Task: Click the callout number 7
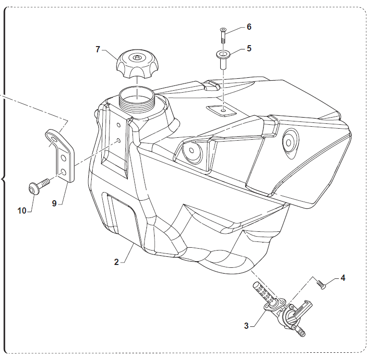click(x=98, y=49)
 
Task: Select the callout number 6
click(x=249, y=27)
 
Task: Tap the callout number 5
click(x=249, y=48)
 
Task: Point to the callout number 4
click(x=342, y=277)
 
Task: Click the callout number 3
click(x=246, y=325)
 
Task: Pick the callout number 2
click(x=116, y=262)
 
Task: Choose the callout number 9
click(x=54, y=204)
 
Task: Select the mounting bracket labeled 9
click(x=62, y=154)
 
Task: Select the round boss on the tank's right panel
click(x=289, y=140)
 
